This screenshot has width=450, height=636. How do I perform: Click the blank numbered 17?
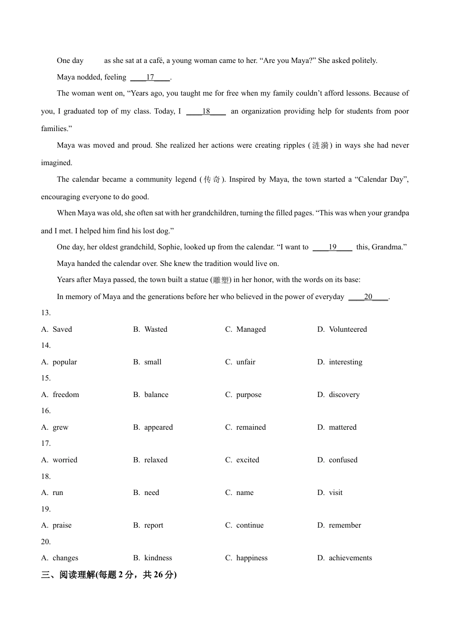pyautogui.click(x=150, y=77)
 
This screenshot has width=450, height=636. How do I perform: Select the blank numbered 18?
pyautogui.click(x=206, y=111)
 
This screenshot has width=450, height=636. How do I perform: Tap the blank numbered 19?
pyautogui.click(x=333, y=247)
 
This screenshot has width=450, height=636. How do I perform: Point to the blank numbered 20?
pyautogui.click(x=368, y=297)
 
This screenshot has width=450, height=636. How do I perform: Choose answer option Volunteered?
pyautogui.click(x=348, y=329)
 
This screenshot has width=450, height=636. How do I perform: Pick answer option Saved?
pyautogui.click(x=62, y=329)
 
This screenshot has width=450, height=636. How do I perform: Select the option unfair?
pyautogui.click(x=246, y=362)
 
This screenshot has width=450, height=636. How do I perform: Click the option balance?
pyautogui.click(x=156, y=395)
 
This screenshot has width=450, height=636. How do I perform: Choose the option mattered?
pyautogui.click(x=342, y=427)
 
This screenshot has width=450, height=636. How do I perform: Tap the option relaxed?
pyautogui.click(x=156, y=460)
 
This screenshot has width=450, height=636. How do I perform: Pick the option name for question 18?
pyautogui.click(x=245, y=493)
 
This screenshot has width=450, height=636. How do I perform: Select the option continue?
pyautogui.click(x=250, y=525)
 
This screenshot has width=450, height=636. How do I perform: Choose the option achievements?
pyautogui.click(x=350, y=558)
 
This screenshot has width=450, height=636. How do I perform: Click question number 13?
pyautogui.click(x=46, y=313)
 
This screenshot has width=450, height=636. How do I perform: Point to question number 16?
pyautogui.click(x=46, y=411)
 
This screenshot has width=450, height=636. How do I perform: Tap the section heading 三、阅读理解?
pyautogui.click(x=108, y=574)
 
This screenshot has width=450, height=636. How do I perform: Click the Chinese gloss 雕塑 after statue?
pyautogui.click(x=221, y=280)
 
